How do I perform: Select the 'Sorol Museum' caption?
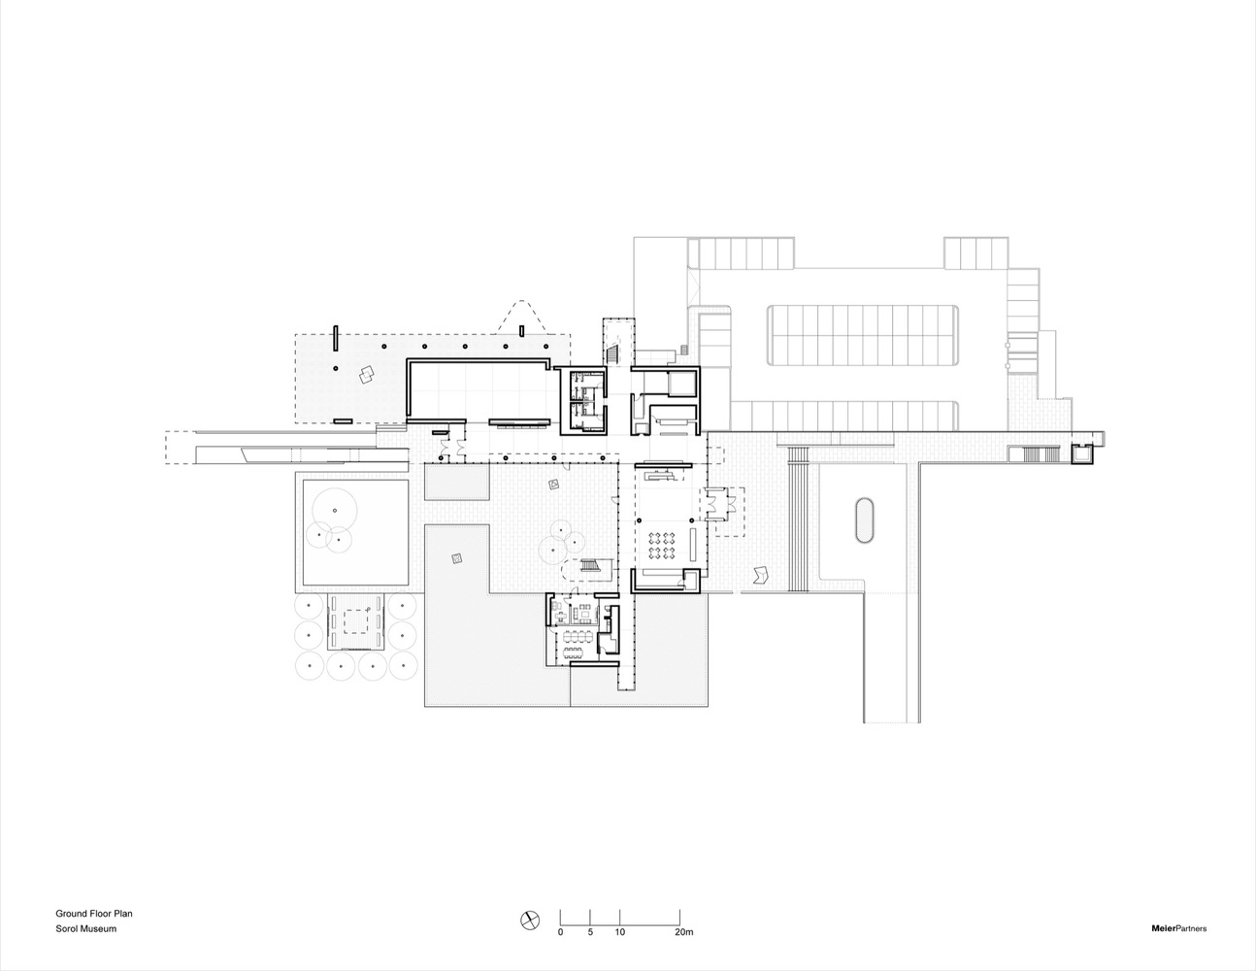click(x=85, y=929)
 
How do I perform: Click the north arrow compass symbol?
click(x=529, y=919)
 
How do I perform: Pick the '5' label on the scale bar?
click(x=590, y=932)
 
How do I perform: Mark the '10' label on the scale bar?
click(x=619, y=932)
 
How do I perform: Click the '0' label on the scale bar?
click(x=560, y=932)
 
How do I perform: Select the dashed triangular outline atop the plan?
click(x=525, y=316)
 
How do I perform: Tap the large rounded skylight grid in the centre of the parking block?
click(x=864, y=335)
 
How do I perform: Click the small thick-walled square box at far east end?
click(x=1081, y=452)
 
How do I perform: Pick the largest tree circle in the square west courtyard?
click(x=334, y=511)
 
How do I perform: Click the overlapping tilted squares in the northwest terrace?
click(x=366, y=376)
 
